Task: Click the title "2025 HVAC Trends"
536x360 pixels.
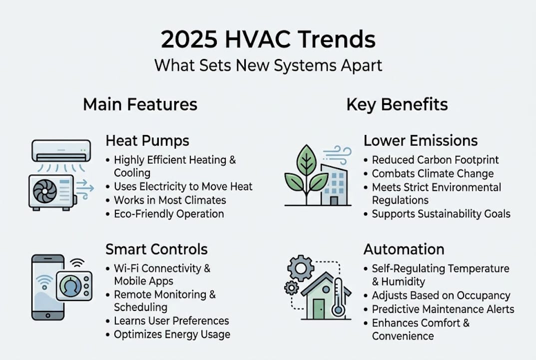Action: click(268, 39)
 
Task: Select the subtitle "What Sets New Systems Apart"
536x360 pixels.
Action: click(268, 65)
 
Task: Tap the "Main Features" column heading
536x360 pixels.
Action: click(140, 104)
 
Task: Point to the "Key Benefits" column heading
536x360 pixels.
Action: click(397, 104)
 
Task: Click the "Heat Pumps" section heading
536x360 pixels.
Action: click(147, 140)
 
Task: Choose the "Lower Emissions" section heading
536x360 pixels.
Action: click(420, 140)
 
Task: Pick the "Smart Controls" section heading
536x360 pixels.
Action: click(156, 249)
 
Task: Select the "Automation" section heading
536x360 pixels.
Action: click(404, 249)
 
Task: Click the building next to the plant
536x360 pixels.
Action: click(332, 185)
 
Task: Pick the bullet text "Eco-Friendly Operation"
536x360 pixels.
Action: click(169, 214)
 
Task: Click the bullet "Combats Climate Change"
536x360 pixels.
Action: click(433, 174)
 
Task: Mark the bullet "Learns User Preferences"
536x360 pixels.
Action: click(171, 321)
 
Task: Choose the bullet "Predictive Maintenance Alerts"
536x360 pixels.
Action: click(443, 309)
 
